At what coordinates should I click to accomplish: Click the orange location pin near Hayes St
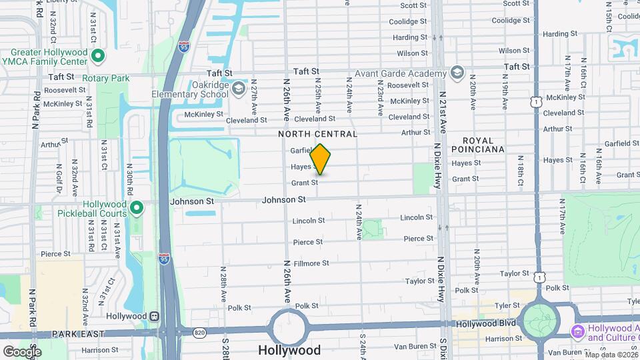point(320,159)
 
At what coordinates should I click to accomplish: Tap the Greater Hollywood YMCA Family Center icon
point(97,57)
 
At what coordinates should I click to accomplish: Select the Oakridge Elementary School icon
point(239,88)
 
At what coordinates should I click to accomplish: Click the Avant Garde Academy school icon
point(457,73)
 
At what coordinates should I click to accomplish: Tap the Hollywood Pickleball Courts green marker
point(137,209)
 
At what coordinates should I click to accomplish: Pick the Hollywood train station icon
point(155,316)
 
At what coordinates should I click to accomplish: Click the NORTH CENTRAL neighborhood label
point(318,134)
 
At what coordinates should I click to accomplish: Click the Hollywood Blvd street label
point(486,323)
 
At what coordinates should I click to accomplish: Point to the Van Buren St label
point(415,346)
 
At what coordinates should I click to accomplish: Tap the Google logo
point(22,351)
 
